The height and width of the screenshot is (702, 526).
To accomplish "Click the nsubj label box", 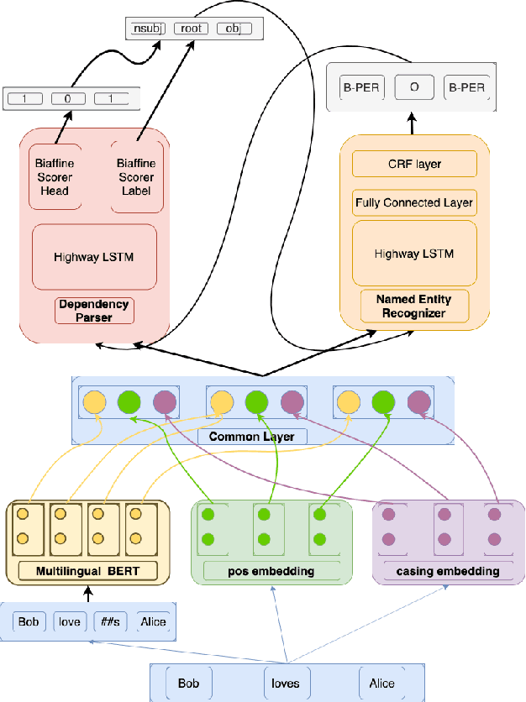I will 148,29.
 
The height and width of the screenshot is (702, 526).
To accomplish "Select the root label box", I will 192,29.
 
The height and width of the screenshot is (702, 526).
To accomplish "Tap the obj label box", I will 234,29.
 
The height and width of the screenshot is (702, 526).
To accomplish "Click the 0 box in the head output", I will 68,99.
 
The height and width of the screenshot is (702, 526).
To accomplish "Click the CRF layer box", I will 414,164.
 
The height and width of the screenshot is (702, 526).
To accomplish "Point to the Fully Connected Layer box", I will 414,202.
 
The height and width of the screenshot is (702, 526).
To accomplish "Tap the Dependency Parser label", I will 94,311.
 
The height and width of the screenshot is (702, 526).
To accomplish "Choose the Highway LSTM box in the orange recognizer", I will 414,253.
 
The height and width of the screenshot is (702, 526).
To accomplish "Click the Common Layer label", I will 245,437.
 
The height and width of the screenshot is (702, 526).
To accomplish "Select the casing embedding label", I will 447,571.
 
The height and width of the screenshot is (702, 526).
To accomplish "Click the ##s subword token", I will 110,622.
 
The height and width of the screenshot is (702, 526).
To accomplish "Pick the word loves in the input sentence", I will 285,683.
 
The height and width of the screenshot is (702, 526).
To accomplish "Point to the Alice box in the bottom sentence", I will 381,683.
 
